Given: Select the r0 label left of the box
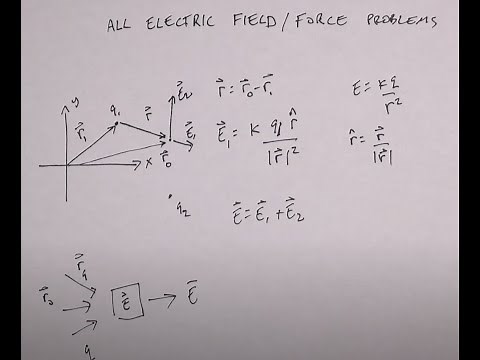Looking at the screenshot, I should (45, 296).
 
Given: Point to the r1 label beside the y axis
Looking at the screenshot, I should (78, 129).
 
